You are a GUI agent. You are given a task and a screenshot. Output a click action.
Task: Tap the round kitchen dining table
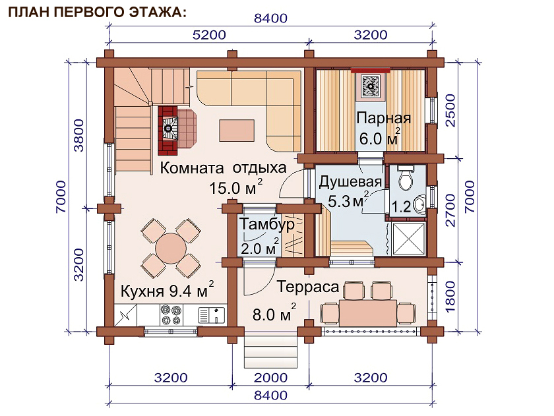tap(171, 248)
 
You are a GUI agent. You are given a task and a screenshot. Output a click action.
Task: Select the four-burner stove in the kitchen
tap(171, 315)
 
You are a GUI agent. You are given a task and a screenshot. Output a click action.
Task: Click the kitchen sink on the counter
tap(211, 315)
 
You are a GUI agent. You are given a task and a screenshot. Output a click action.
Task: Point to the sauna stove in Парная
tap(371, 86)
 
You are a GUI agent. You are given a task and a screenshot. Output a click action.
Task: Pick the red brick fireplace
tap(168, 131)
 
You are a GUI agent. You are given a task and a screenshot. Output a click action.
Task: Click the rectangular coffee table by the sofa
tap(237, 131)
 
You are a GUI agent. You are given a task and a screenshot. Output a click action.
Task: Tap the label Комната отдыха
tap(224, 167)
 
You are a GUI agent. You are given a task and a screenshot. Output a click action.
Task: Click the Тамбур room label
tap(266, 225)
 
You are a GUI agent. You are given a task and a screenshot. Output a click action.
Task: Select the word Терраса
tap(308, 287)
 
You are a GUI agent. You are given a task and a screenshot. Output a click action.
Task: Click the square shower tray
tap(408, 239)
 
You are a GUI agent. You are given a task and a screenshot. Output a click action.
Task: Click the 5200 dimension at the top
tap(209, 35)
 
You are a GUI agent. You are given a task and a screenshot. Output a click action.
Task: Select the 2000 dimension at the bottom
tap(270, 378)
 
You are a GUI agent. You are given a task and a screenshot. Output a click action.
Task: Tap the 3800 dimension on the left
tap(78, 135)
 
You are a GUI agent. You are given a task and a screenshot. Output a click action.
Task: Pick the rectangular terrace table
tap(368, 313)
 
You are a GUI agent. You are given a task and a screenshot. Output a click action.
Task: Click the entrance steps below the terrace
tap(270, 351)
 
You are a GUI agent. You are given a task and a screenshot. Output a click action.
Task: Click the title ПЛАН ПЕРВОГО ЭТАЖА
tap(97, 13)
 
